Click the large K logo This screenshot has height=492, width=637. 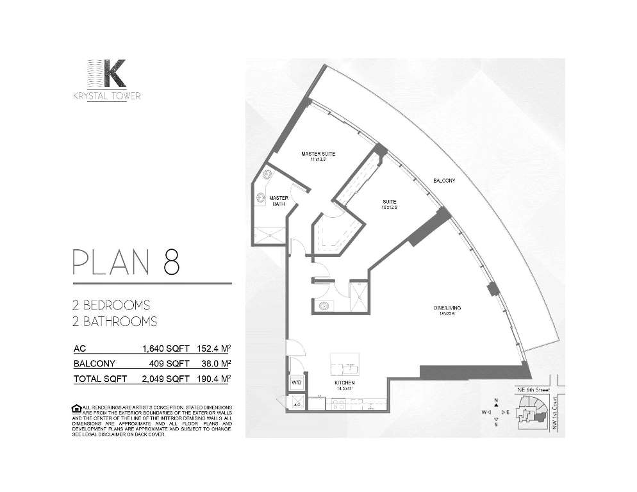click(108, 74)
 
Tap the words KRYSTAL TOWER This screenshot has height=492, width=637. click(108, 96)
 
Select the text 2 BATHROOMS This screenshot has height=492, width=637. click(115, 321)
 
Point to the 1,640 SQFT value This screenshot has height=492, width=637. click(165, 349)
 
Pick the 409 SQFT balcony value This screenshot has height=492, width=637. click(172, 364)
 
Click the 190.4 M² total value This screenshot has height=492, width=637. click(214, 379)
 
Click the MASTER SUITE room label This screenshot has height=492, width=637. click(318, 154)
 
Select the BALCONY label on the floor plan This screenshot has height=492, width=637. click(443, 181)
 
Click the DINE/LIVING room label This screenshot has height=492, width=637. click(447, 309)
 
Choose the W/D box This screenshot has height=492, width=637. click(297, 382)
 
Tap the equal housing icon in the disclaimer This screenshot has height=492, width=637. click(77, 408)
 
